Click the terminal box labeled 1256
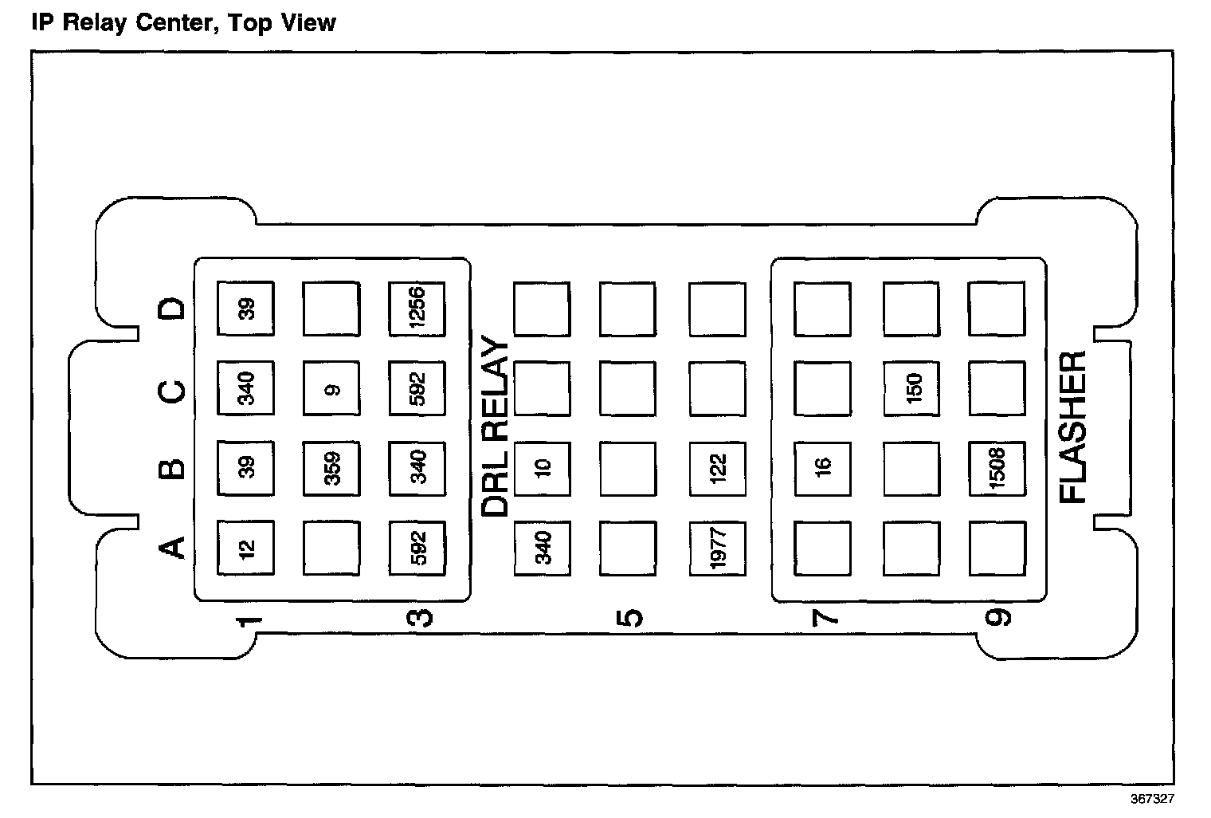tap(417, 309)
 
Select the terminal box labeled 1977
tap(717, 548)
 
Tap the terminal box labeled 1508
tap(997, 468)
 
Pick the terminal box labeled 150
tap(911, 388)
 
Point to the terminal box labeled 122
tap(717, 468)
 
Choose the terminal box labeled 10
tap(542, 468)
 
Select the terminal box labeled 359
tap(331, 468)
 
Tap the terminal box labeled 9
tap(331, 389)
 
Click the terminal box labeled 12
tap(245, 548)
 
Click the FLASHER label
tap(1073, 427)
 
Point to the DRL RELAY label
tap(496, 427)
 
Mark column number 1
tap(249, 620)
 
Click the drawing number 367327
tap(1151, 798)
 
